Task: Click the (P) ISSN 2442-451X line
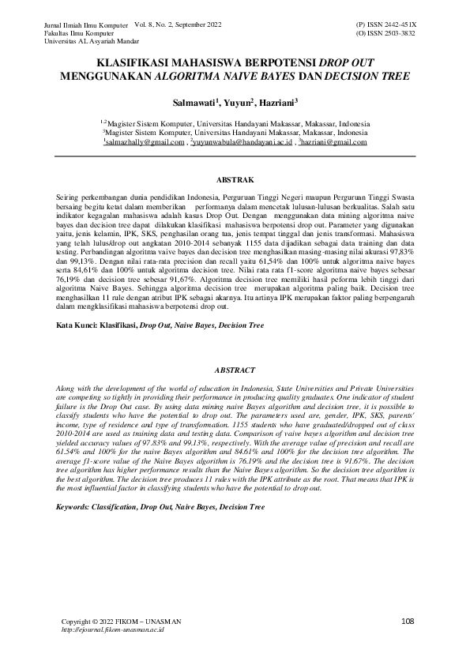point(387,26)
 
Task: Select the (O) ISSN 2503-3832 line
point(387,35)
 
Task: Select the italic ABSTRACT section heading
point(235,370)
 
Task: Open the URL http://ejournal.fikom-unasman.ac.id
point(112,630)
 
